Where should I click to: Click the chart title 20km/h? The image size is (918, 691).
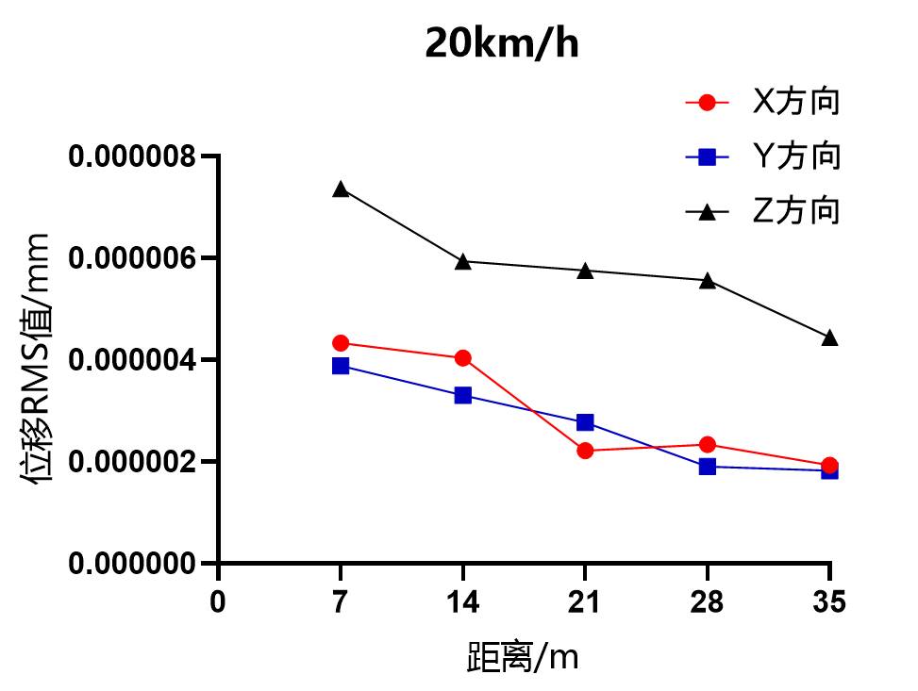click(x=501, y=44)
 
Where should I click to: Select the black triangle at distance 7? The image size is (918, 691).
click(x=341, y=189)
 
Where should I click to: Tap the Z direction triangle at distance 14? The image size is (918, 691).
click(x=463, y=261)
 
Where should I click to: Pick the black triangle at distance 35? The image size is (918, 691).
click(x=829, y=337)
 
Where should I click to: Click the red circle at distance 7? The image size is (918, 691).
click(x=341, y=343)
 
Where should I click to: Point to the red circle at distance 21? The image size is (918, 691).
click(x=585, y=451)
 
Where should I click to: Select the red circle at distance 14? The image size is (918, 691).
click(x=463, y=358)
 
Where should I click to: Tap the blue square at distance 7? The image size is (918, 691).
click(x=341, y=366)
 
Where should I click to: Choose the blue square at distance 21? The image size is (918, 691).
click(x=585, y=422)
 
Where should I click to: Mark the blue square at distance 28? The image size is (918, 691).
click(x=708, y=466)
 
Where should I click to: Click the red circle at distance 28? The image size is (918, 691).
click(x=708, y=445)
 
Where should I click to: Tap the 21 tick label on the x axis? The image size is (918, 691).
click(x=585, y=601)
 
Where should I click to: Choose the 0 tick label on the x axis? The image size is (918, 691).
click(x=218, y=601)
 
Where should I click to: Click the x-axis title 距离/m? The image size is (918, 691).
click(x=523, y=657)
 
